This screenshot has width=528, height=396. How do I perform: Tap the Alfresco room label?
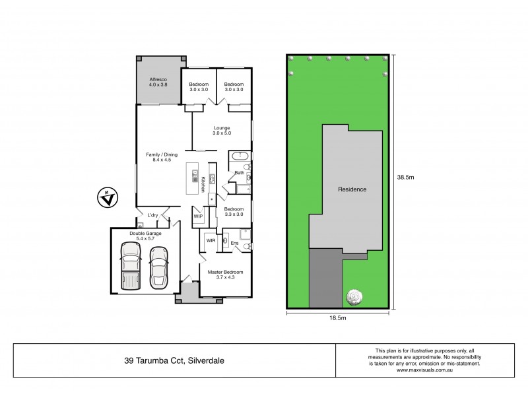[158, 82]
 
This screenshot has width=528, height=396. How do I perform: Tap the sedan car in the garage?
[159, 267]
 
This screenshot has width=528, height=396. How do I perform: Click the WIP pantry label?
[198, 216]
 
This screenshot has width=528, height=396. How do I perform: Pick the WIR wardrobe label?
[211, 242]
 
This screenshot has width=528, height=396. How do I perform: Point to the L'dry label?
[152, 215]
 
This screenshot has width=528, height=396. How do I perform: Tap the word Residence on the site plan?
[352, 189]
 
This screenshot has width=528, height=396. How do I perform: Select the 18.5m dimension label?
[338, 318]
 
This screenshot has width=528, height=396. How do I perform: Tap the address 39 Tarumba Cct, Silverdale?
[174, 360]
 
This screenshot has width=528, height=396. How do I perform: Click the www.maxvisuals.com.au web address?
[432, 370]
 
